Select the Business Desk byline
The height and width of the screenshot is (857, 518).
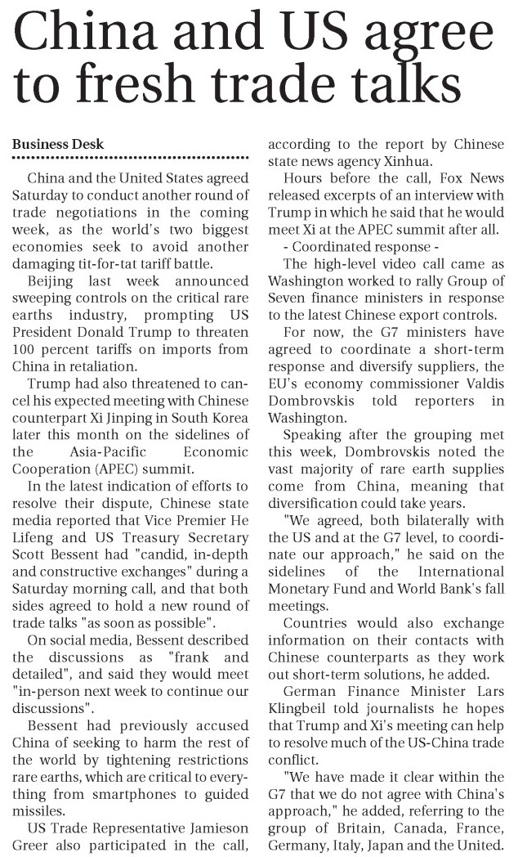[x=58, y=144]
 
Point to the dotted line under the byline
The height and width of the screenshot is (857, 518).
[x=131, y=157]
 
